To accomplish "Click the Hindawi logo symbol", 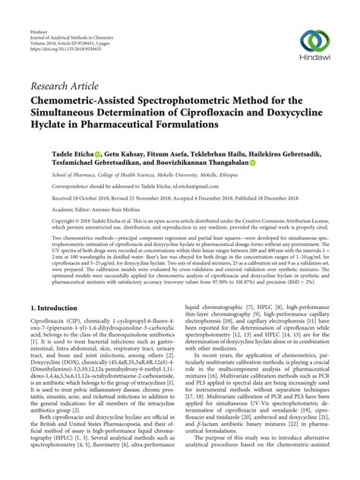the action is pos(312,39).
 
